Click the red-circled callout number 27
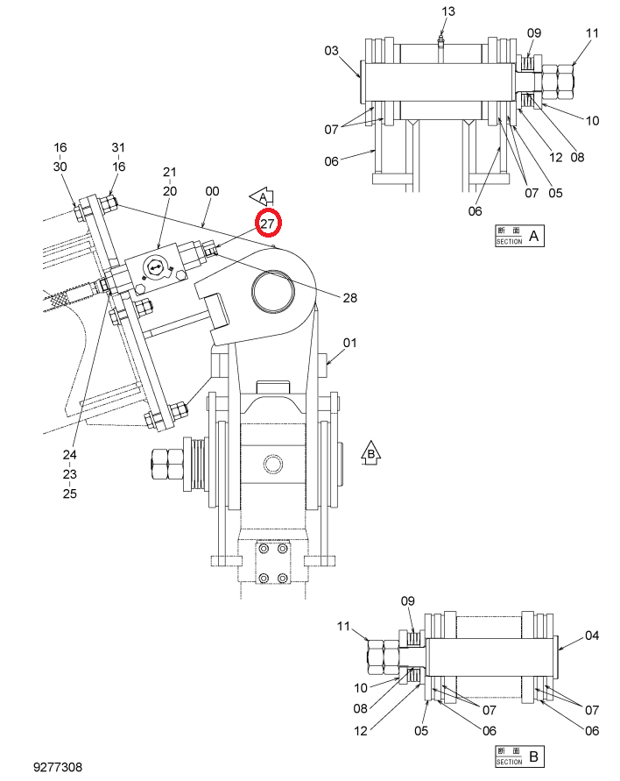pos(268,224)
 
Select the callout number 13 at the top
pos(447,11)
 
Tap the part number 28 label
pos(349,297)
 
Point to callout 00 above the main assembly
pos(212,191)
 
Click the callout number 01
pos(349,343)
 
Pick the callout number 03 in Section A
pos(331,50)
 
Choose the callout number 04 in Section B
pos(592,635)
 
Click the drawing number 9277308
pos(58,767)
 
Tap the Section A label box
pos(519,236)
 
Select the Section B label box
pos(519,756)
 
